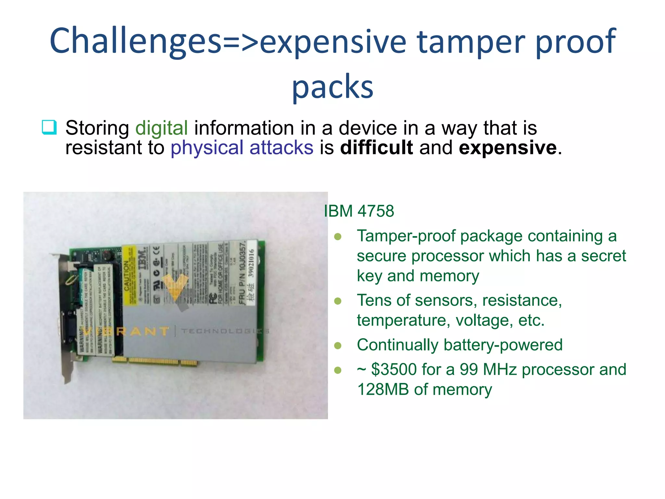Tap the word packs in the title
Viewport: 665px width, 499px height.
[332, 86]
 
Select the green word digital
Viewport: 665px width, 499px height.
[161, 128]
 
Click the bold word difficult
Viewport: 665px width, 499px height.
[376, 148]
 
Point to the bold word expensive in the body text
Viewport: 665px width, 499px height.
[508, 148]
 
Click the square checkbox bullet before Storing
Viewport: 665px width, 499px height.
[49, 127]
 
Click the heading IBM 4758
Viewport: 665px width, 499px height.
[359, 211]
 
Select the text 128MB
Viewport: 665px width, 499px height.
[383, 390]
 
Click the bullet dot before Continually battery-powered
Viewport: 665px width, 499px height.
[338, 345]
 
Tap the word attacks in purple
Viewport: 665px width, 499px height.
[281, 148]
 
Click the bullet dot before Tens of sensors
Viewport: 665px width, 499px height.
[338, 301]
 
